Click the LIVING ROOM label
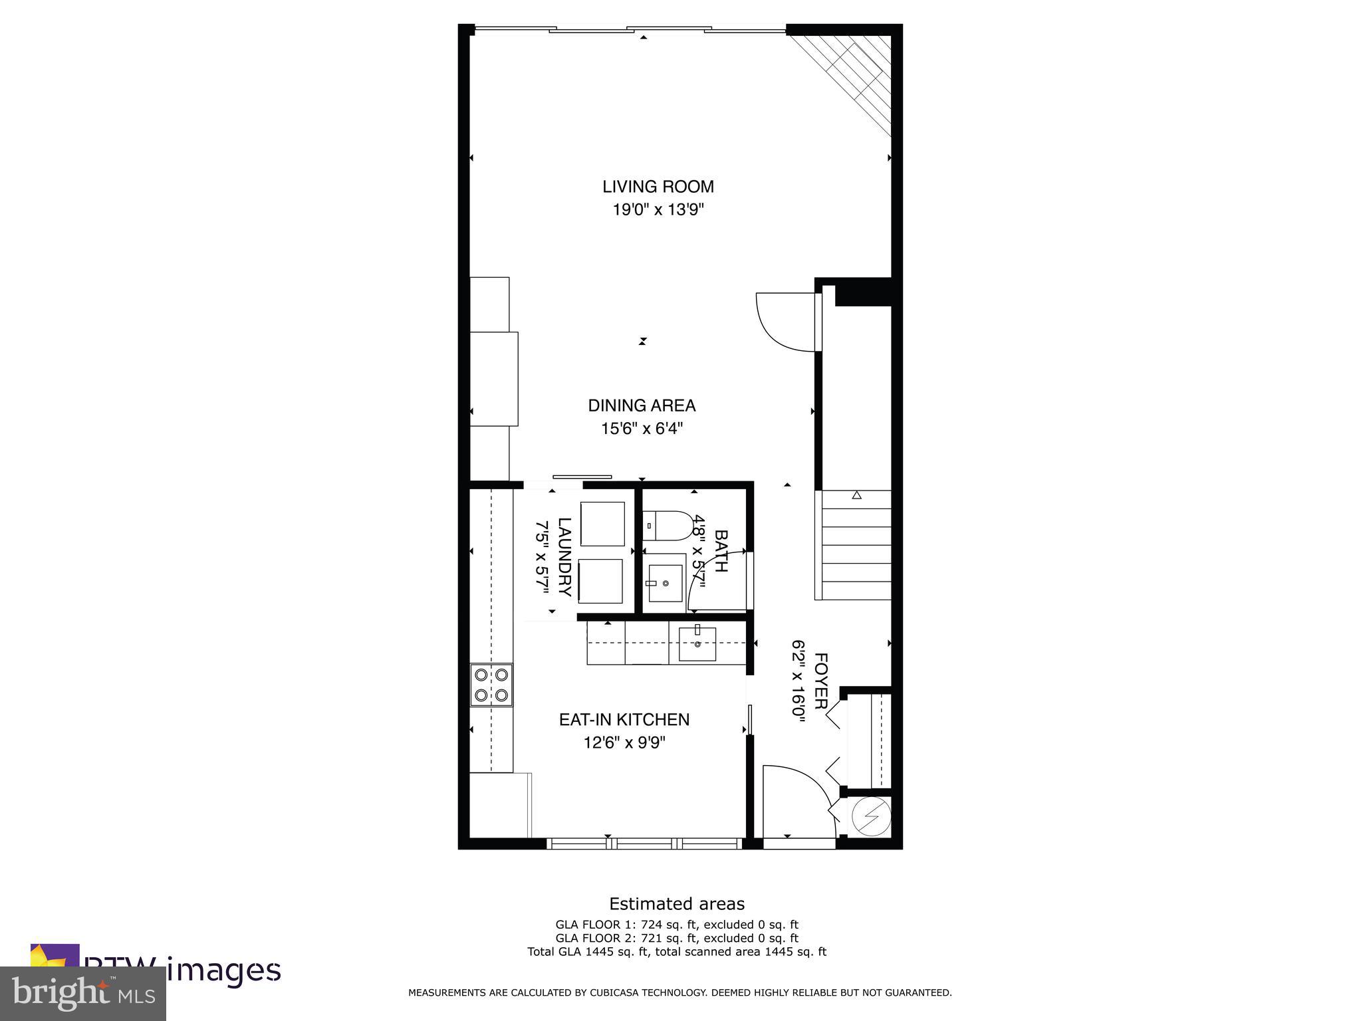coord(658,187)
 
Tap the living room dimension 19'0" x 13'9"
coord(658,210)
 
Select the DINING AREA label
coord(642,405)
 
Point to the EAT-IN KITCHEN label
coord(624,719)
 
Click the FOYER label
coord(820,681)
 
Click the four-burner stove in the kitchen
coord(491,685)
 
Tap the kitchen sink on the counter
coord(697,643)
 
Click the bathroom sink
coord(665,583)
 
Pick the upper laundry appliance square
coord(602,524)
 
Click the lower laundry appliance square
coord(600,581)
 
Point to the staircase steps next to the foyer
coord(856,545)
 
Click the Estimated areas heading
coord(677,904)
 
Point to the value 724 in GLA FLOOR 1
coord(652,925)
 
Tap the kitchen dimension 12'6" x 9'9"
coord(624,742)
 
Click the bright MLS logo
coord(83,993)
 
